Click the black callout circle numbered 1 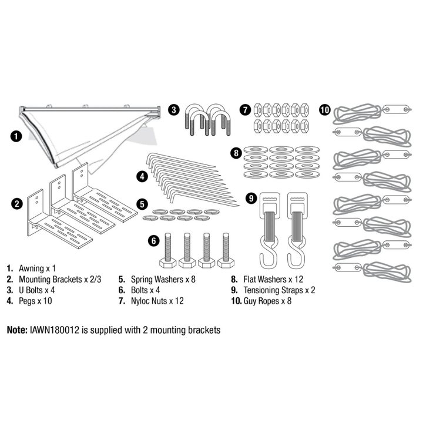[x=17, y=136]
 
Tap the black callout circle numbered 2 [x=17, y=204]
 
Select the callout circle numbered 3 [x=174, y=109]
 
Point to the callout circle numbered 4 [x=142, y=175]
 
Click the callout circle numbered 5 [x=142, y=204]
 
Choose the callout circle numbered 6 [x=153, y=240]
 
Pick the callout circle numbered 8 [x=236, y=153]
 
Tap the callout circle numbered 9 [x=251, y=199]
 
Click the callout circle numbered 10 [x=325, y=109]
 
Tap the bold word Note [x=16, y=330]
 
